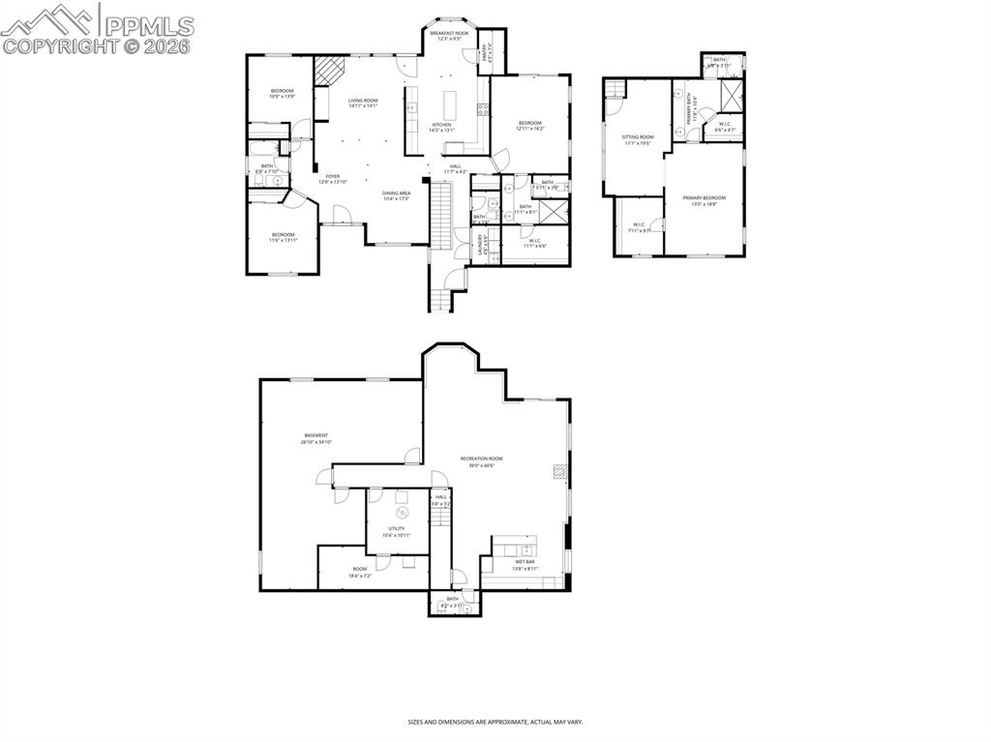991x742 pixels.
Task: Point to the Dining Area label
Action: [396, 195]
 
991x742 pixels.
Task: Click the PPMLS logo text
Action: [150, 25]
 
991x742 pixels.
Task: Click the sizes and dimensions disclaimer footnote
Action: [495, 722]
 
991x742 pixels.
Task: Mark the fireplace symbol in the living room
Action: [329, 71]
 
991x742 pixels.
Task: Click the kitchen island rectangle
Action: [450, 104]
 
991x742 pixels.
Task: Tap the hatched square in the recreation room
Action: [558, 472]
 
